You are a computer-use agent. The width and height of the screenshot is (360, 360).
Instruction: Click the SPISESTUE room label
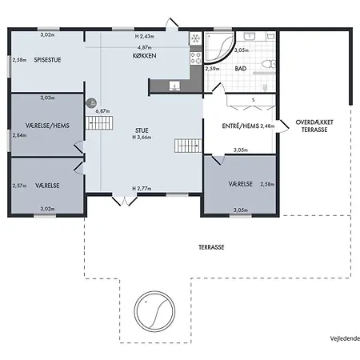click(x=47, y=60)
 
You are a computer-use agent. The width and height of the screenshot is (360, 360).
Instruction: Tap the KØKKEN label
click(x=145, y=56)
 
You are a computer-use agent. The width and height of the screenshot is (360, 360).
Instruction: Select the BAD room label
click(x=241, y=69)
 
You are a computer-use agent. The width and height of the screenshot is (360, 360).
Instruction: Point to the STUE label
click(x=142, y=130)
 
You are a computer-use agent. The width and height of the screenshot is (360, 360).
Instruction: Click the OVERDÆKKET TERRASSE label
click(x=314, y=126)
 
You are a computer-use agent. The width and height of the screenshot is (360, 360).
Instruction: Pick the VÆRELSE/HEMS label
click(x=47, y=126)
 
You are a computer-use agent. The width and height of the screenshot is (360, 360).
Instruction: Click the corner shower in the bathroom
click(x=219, y=46)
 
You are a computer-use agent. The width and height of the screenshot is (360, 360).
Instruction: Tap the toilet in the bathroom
click(x=269, y=64)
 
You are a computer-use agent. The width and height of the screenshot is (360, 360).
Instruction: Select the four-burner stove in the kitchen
click(x=195, y=58)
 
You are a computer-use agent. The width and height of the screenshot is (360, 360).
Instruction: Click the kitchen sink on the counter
click(x=174, y=86)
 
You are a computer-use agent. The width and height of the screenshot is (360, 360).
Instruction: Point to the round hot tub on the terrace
click(x=154, y=311)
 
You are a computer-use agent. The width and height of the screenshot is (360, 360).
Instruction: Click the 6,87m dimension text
click(x=102, y=111)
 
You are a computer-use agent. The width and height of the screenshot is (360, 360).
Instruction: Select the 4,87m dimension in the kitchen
click(x=145, y=48)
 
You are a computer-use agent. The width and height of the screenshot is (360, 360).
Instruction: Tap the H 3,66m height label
click(x=142, y=138)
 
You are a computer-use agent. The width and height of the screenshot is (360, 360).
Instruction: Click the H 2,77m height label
click(x=142, y=189)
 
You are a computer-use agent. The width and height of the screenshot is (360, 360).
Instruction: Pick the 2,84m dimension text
click(x=19, y=135)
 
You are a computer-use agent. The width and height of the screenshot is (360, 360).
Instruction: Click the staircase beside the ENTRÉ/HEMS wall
click(x=188, y=146)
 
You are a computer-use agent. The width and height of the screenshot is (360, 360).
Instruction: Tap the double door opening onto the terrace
click(x=125, y=201)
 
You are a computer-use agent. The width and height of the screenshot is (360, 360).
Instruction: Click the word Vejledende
click(x=345, y=338)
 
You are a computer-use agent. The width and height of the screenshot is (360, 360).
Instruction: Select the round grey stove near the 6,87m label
click(x=91, y=103)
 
